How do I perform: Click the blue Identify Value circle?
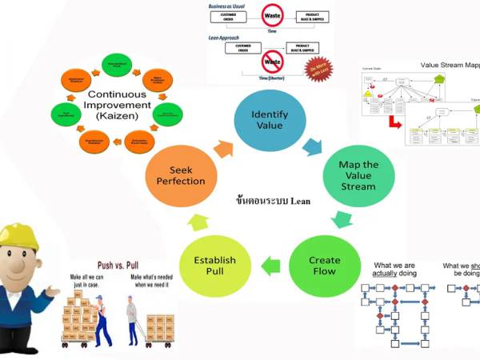[x=270, y=120]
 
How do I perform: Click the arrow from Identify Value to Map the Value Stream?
[x=312, y=145]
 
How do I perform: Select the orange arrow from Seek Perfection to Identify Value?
[x=223, y=147]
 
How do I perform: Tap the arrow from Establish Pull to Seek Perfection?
[x=190, y=223]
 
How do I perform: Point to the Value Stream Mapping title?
[x=449, y=65]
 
